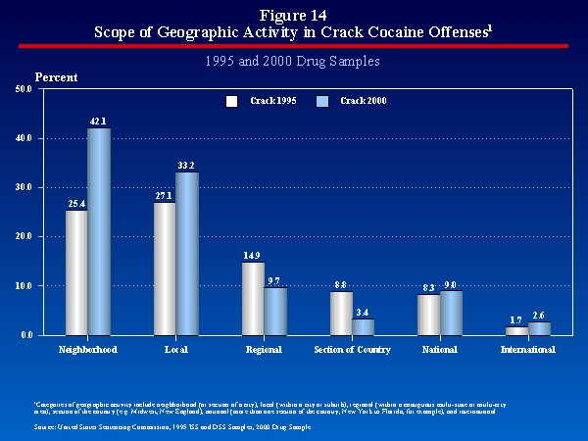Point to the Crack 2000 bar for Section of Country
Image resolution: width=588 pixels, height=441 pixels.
364,326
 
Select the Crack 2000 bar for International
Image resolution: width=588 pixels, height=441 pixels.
540,328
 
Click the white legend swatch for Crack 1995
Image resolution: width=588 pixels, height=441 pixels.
232,101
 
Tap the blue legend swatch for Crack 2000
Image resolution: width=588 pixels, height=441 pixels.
324,101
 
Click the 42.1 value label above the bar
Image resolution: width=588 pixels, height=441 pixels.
98,121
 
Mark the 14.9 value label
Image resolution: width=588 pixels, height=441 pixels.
253,255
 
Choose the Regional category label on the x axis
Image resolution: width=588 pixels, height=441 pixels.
264,349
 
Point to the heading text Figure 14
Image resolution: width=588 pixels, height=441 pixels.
294,14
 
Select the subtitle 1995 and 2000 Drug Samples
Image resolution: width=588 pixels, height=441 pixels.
294,61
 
